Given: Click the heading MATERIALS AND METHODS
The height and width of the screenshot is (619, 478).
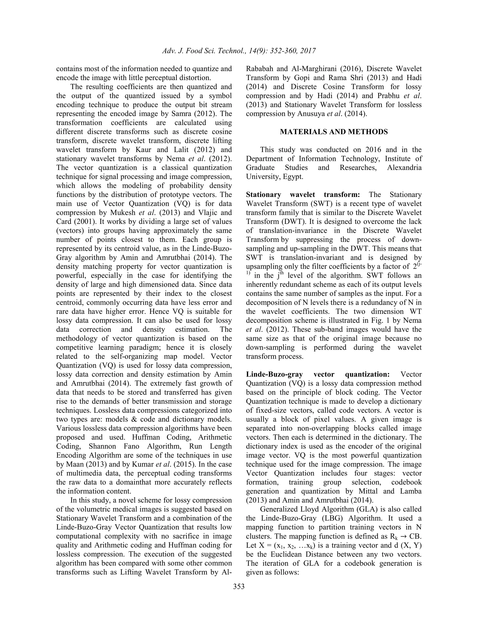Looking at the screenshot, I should coord(334,132).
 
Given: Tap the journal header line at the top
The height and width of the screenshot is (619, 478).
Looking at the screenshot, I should coord(239,51).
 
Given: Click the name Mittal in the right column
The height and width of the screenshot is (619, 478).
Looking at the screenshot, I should coord(366,491).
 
